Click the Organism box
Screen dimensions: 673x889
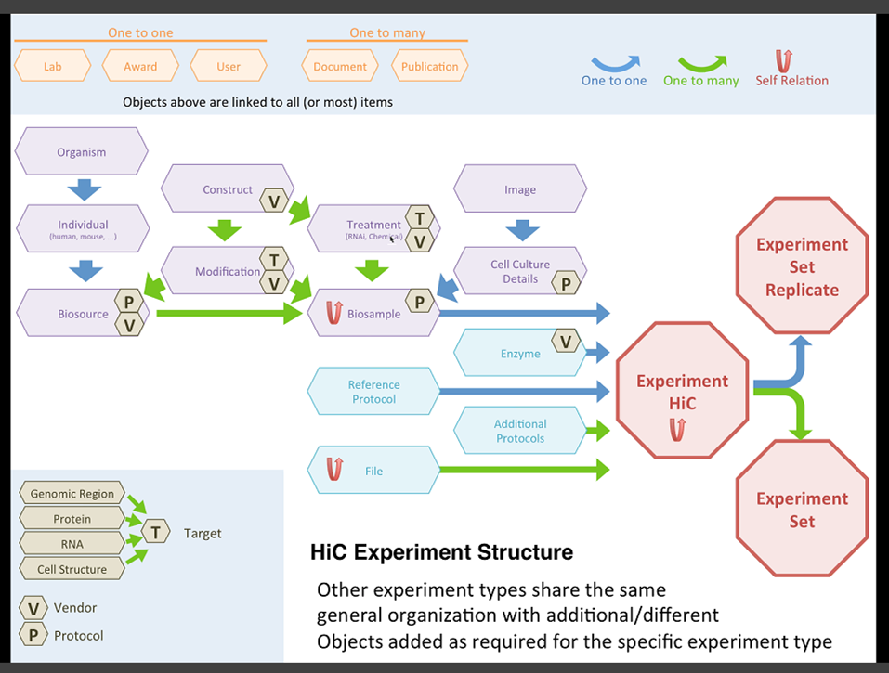pyautogui.click(x=82, y=152)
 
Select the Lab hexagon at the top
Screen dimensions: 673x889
pyautogui.click(x=52, y=67)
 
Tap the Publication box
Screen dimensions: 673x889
pyautogui.click(x=429, y=67)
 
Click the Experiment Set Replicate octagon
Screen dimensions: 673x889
pyautogui.click(x=802, y=267)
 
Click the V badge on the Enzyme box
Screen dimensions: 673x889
pyautogui.click(x=566, y=342)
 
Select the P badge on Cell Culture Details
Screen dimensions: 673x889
pyautogui.click(x=566, y=285)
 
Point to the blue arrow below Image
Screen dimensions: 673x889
pyautogui.click(x=521, y=230)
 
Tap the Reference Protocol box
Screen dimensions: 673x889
pyautogui.click(x=373, y=392)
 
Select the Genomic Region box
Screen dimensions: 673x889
pyautogui.click(x=72, y=494)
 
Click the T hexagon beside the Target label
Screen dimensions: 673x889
pyautogui.click(x=156, y=533)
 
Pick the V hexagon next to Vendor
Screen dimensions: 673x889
pyautogui.click(x=33, y=609)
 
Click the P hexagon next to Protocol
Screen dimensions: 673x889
pyautogui.click(x=33, y=636)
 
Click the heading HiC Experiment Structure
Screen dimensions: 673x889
pyautogui.click(x=441, y=553)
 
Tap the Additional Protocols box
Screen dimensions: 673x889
pyautogui.click(x=520, y=432)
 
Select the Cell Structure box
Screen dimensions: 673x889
pyautogui.click(x=72, y=569)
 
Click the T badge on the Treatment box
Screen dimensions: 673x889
pyautogui.click(x=420, y=219)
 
